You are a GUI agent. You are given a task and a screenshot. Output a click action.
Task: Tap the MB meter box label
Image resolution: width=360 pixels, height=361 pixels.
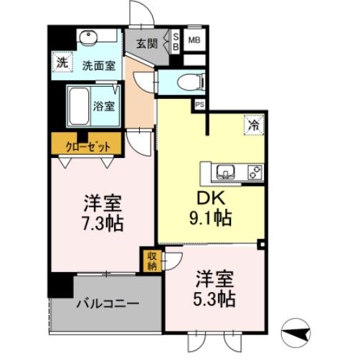(194, 41)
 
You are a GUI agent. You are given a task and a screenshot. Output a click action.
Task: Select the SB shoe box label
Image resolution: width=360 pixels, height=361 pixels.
(176, 41)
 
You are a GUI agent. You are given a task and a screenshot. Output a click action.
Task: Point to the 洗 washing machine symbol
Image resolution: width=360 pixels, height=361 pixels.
(63, 62)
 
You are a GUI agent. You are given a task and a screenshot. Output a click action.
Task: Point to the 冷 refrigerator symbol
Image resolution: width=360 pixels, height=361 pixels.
(255, 125)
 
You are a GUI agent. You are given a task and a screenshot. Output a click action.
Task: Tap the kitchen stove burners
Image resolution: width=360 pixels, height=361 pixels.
(254, 172)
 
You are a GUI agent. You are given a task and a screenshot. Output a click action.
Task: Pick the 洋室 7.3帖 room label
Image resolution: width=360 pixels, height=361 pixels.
(100, 212)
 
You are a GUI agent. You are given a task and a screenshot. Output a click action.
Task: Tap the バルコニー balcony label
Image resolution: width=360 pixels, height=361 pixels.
(108, 303)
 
